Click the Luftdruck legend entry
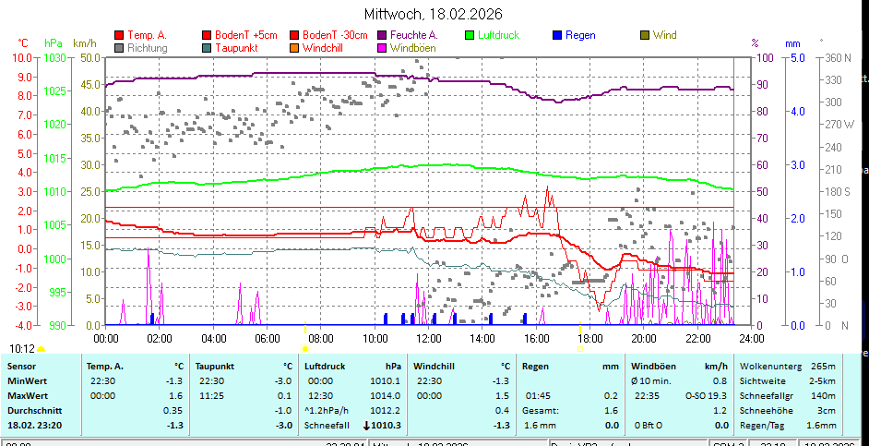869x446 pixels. coord(498,35)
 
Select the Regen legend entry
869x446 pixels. coord(580,35)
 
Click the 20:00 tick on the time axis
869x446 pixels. coord(644,338)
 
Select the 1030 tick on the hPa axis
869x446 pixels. coord(54,57)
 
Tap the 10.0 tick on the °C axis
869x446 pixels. coord(22,57)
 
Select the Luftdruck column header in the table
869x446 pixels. coord(327,366)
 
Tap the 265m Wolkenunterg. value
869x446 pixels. coord(823,366)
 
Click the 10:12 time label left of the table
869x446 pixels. coord(22,348)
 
